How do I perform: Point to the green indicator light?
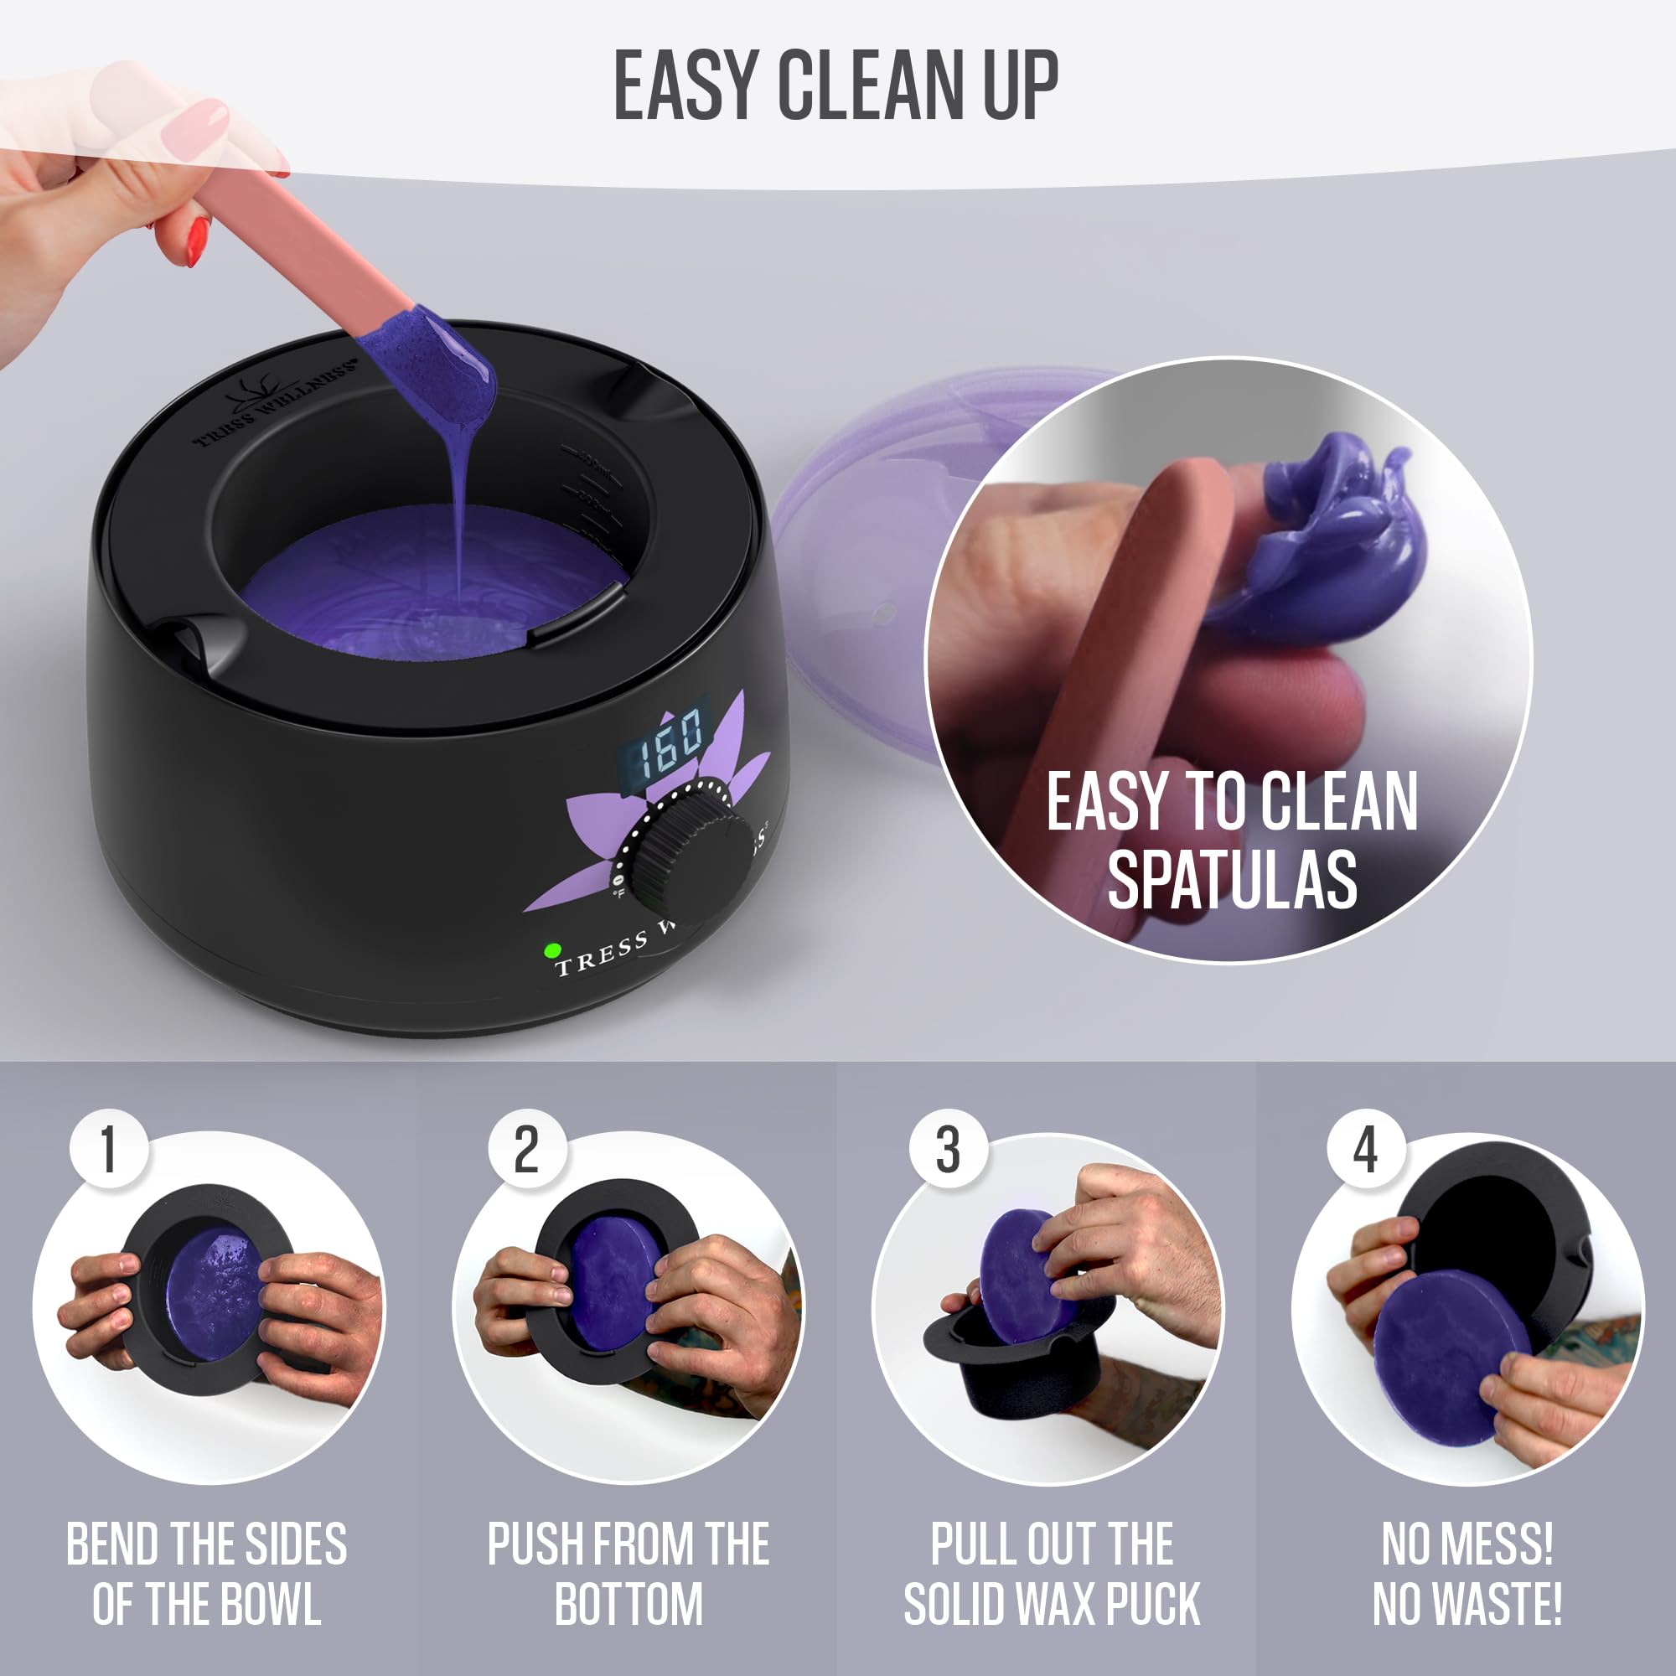tap(551, 951)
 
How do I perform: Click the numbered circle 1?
tap(108, 1151)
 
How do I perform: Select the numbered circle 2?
tap(526, 1151)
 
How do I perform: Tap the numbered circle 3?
tap(947, 1151)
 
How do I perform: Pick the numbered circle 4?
tap(1366, 1151)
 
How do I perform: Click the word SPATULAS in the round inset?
tap(1232, 880)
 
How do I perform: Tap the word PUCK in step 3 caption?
tap(1153, 1605)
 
